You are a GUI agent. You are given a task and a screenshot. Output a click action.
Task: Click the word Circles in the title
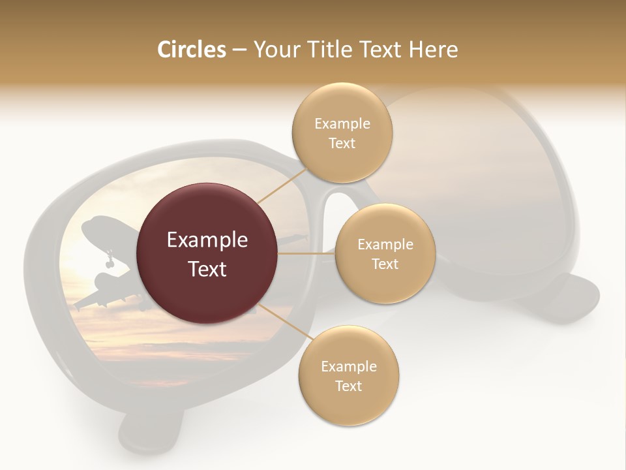point(191,50)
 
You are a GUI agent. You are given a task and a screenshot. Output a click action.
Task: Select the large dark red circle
point(207,253)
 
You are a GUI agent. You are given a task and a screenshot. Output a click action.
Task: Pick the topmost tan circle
point(342,133)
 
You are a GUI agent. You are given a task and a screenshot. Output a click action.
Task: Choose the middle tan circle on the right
point(385,254)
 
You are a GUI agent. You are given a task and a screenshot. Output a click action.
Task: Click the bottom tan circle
point(348,376)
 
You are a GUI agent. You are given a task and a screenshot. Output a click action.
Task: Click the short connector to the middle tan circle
point(306,253)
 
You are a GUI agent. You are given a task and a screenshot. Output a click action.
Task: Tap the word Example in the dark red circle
point(207,240)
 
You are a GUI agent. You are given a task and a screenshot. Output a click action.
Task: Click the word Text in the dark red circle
point(207,268)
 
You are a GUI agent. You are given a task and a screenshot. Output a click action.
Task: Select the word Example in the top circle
point(342,123)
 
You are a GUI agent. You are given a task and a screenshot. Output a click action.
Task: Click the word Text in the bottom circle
point(348,386)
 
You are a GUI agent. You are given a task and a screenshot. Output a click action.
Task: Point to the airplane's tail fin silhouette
point(95,228)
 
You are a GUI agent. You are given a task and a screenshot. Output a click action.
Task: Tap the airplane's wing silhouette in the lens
point(88,300)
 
